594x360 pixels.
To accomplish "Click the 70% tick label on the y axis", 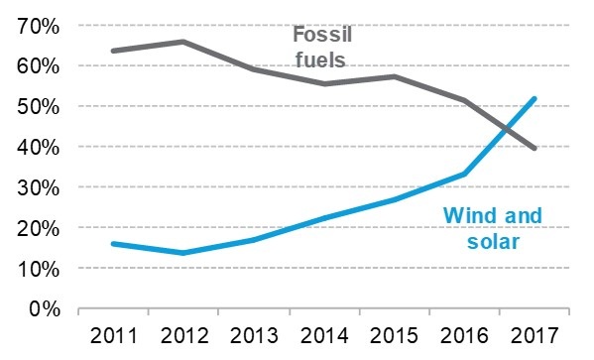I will (x=37, y=25).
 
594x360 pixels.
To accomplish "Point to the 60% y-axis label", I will (x=37, y=65).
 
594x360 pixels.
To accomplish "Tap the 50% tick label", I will (x=37, y=106).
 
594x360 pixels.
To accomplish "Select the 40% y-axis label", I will (x=37, y=147).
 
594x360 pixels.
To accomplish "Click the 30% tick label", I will (x=37, y=187).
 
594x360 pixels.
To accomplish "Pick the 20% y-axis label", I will (x=37, y=228).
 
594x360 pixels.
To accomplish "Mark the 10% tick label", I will (x=37, y=269).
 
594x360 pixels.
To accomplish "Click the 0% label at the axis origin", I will (x=43, y=308).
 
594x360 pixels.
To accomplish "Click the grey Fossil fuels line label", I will (x=321, y=47).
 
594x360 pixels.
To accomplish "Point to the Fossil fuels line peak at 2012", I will (x=183, y=42).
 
